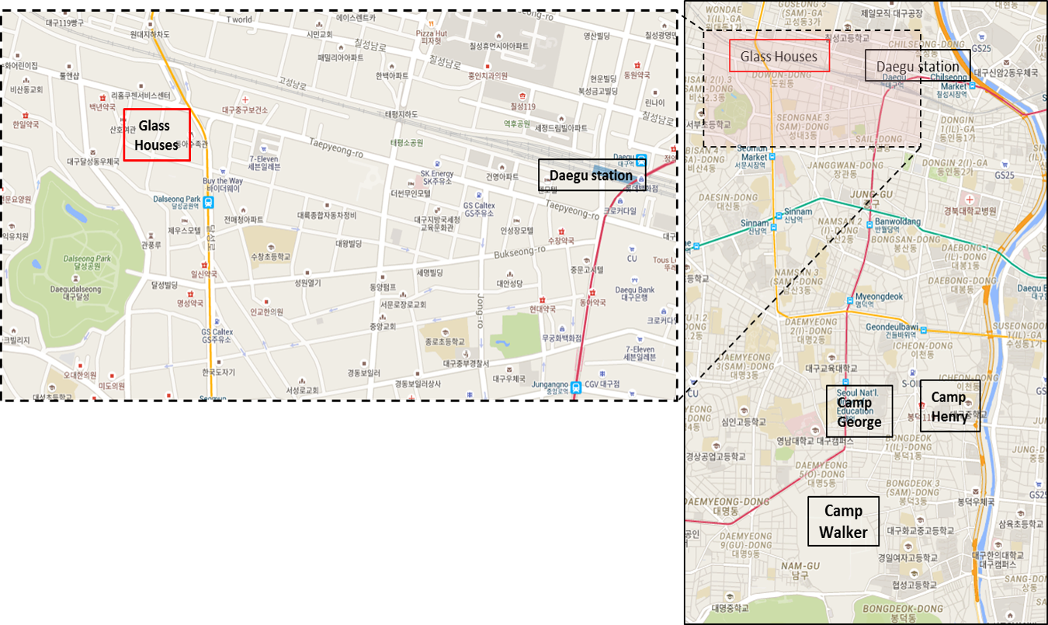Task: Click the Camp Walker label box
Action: [843, 522]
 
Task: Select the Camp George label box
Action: [859, 411]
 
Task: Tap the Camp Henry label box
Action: [949, 407]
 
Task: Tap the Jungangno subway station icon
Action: [575, 387]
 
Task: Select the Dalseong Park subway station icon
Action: [208, 202]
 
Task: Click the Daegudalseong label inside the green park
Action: [75, 289]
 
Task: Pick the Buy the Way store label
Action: [223, 181]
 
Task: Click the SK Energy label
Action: [436, 173]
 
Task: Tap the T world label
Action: [239, 19]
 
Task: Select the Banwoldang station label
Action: [898, 221]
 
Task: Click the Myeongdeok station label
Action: [879, 296]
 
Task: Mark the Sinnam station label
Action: [798, 211]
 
